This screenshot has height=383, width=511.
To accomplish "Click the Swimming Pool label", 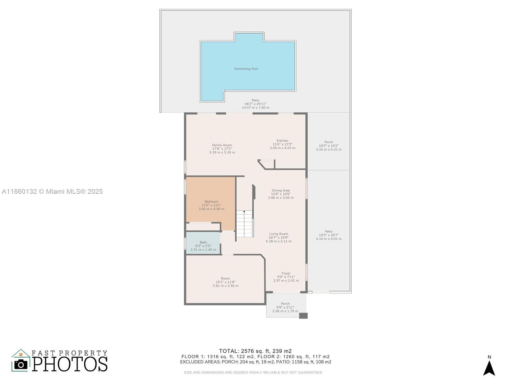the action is click(x=246, y=69).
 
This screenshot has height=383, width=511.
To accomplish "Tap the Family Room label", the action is click(x=222, y=145).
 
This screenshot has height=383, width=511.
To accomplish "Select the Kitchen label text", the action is click(x=282, y=140).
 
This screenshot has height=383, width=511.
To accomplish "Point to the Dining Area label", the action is click(x=280, y=190).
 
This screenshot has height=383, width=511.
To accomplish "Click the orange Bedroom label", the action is click(x=211, y=201).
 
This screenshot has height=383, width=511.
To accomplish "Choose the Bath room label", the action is click(x=203, y=242).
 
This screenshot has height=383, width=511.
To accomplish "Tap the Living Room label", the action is click(x=278, y=234).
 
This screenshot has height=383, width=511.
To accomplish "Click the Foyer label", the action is click(x=286, y=273).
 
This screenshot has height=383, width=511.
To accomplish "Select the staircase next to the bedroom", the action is click(x=244, y=223).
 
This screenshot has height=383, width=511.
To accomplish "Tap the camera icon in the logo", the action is click(x=21, y=364).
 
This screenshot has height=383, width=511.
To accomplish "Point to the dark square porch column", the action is click(x=303, y=316).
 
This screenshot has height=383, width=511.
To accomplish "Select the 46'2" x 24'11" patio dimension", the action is click(x=256, y=104).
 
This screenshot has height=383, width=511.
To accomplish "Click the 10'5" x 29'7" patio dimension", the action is click(x=329, y=235).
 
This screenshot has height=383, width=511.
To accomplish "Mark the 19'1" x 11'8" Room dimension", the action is click(x=225, y=282).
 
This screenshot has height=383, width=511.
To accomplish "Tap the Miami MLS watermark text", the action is click(x=52, y=191).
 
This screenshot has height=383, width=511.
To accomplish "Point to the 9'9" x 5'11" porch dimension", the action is click(x=285, y=307).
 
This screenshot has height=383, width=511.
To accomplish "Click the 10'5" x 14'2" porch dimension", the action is click(x=329, y=146).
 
